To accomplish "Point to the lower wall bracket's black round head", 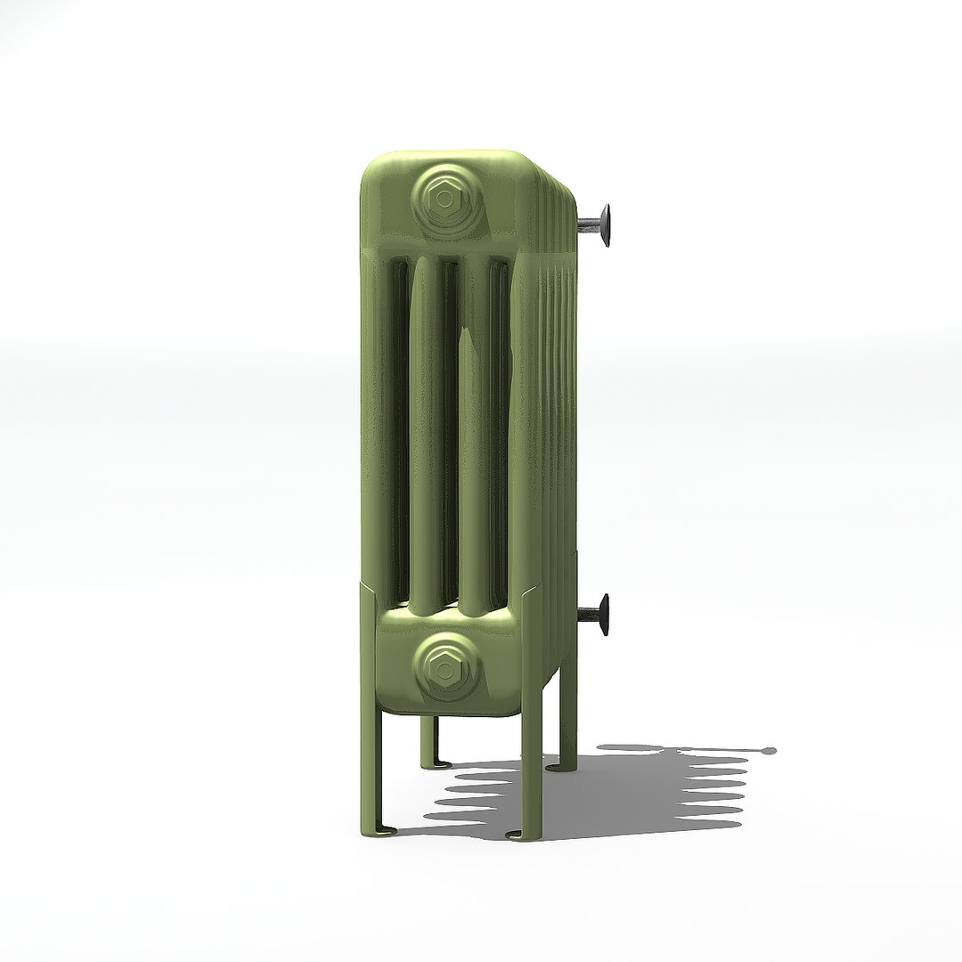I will [x=606, y=614].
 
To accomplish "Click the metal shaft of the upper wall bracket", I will [x=588, y=223].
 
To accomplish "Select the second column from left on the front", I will [x=427, y=428].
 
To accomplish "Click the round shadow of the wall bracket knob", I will [x=766, y=751].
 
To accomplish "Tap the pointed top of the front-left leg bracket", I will [x=363, y=584].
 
